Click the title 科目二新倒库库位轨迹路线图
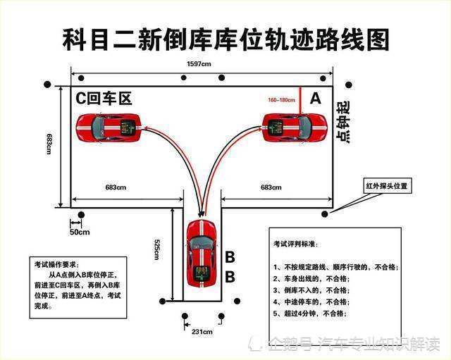click(225, 39)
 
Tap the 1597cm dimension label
click(199, 64)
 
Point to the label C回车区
click(104, 99)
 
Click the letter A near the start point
click(315, 99)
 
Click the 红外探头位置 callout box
click(385, 187)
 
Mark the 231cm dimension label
click(202, 331)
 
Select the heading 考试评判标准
click(296, 244)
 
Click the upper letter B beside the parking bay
click(230, 257)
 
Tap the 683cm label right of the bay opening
click(271, 187)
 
